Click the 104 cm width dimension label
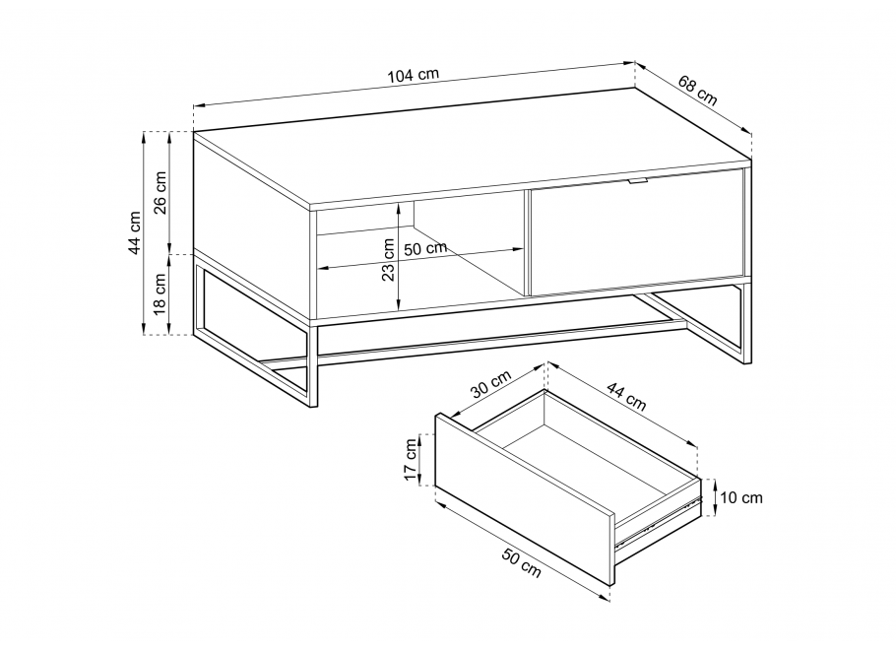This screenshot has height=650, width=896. click(414, 75)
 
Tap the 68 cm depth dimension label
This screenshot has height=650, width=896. click(698, 91)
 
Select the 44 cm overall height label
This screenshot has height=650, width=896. click(134, 232)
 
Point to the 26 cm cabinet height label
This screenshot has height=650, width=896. click(160, 192)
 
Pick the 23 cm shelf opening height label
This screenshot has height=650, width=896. click(389, 260)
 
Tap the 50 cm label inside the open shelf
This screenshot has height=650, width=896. click(425, 249)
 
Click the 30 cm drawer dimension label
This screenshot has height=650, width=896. click(491, 384)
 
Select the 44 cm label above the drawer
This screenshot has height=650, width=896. click(626, 397)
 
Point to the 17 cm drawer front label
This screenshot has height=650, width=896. click(411, 460)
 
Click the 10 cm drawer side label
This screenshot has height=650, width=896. click(741, 498)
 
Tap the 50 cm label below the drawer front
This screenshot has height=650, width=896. click(521, 562)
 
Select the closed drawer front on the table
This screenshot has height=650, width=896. click(637, 231)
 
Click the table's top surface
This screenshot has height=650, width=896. click(472, 146)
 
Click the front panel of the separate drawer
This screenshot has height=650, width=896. click(525, 498)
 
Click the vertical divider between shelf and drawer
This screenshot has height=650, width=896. click(528, 243)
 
